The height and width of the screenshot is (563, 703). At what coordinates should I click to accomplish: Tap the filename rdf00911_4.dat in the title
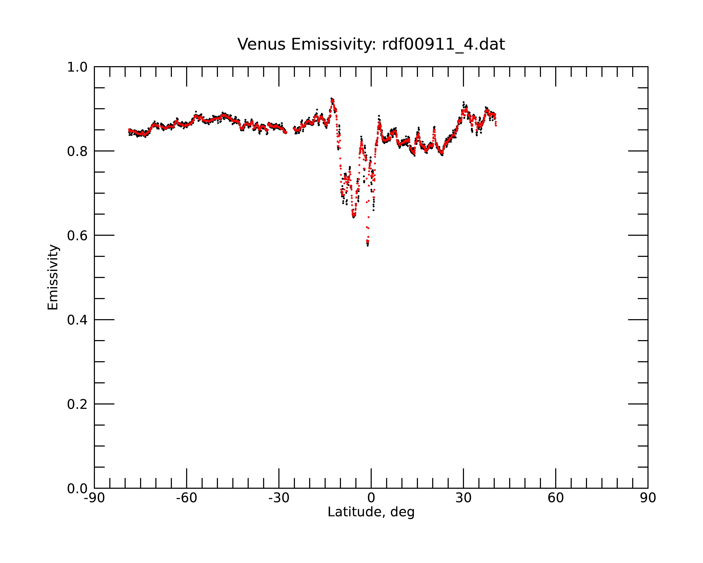coord(443,44)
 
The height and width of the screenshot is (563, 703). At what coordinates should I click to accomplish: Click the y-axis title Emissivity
coord(53,277)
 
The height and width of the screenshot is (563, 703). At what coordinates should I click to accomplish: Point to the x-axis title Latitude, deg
coord(371,512)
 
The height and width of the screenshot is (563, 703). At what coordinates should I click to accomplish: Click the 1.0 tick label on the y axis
coord(77,67)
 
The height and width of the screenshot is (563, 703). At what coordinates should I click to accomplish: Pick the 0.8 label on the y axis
coord(77,151)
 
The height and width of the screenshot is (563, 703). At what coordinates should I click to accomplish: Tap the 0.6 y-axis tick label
coord(77,236)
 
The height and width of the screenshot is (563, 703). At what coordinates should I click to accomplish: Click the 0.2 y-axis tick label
coord(77,404)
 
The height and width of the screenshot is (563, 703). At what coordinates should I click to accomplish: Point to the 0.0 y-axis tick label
coord(77,489)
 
